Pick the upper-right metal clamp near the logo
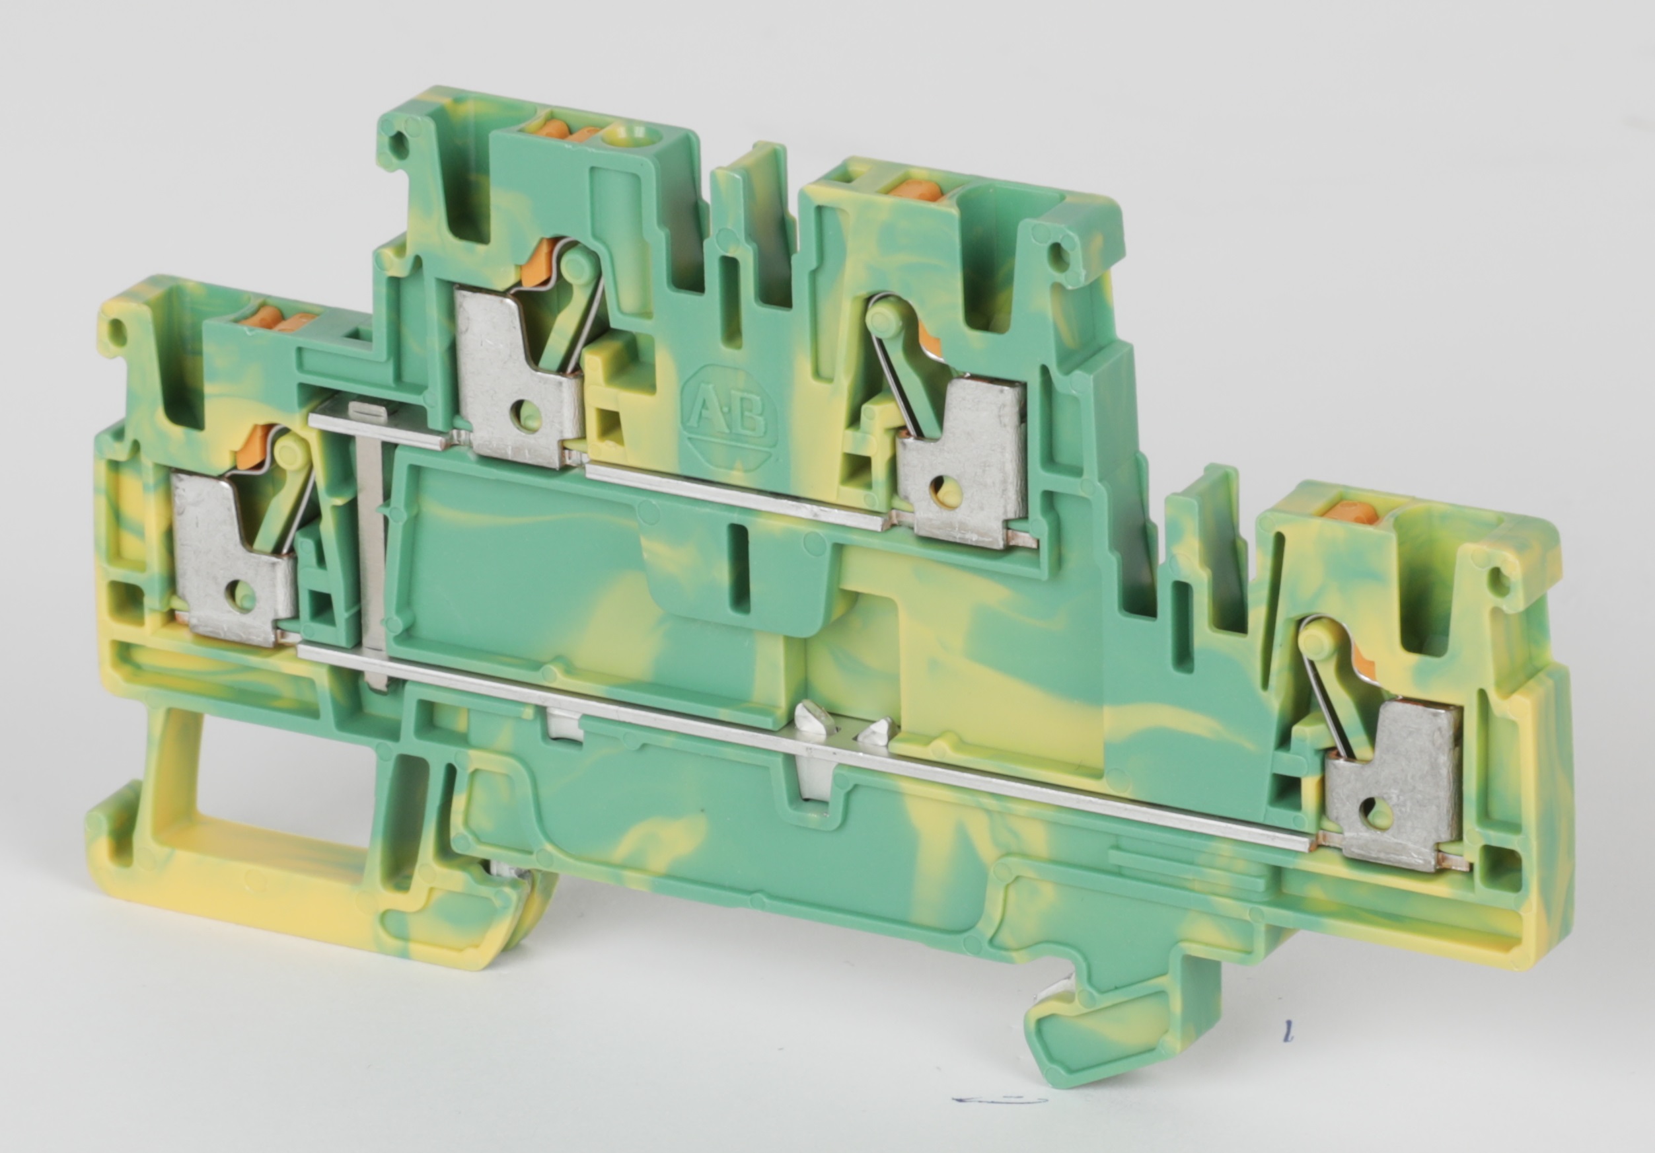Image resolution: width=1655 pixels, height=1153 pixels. click(963, 461)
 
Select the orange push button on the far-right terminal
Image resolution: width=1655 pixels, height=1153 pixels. click(1348, 513)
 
